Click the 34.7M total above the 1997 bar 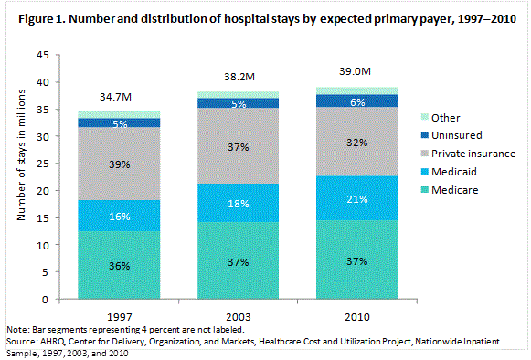coord(120,96)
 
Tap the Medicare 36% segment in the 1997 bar coord(120,265)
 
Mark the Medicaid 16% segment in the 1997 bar coord(120,216)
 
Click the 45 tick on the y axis coord(41,55)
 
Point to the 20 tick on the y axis coord(41,191)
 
